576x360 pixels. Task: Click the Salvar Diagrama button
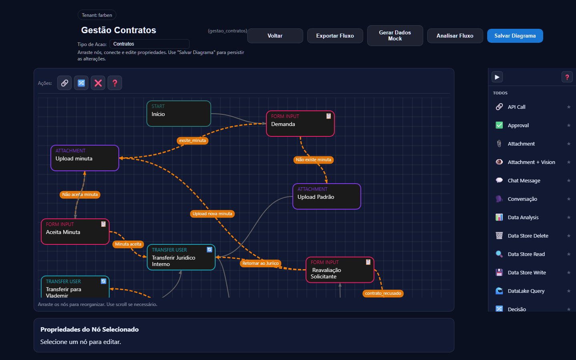tap(515, 36)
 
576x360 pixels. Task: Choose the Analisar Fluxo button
tap(455, 36)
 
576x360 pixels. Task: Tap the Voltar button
tap(275, 36)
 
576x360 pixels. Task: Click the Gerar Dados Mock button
tap(395, 36)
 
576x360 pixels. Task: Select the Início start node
tap(178, 114)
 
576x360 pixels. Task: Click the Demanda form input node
tap(300, 124)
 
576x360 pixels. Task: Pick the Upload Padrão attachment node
tap(326, 196)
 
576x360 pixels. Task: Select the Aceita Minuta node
tap(75, 232)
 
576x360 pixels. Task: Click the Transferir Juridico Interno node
tap(181, 257)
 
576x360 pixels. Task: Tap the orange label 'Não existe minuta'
tap(314, 160)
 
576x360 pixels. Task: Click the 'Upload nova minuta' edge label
tap(212, 214)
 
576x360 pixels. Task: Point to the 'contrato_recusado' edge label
tap(383, 293)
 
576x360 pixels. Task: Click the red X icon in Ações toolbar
tap(98, 83)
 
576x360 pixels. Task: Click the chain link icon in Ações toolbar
tap(64, 83)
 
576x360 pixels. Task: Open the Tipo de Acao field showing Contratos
tap(149, 44)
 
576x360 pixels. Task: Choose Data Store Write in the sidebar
tap(526, 272)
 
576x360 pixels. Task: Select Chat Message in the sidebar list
tap(524, 180)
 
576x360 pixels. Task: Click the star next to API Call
tap(568, 107)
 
